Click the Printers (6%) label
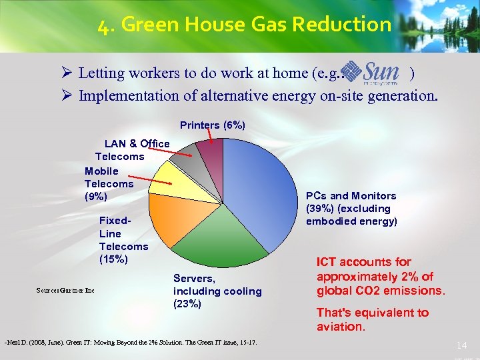(x=212, y=125)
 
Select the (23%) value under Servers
(x=187, y=304)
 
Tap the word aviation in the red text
(x=340, y=327)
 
